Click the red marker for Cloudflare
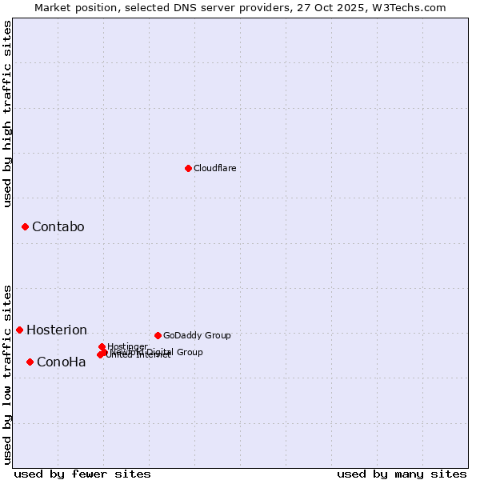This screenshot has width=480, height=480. pyautogui.click(x=188, y=168)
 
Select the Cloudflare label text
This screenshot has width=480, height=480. pyautogui.click(x=214, y=168)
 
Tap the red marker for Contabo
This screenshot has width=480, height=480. pyautogui.click(x=25, y=227)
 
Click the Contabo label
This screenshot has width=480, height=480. pyautogui.click(x=58, y=227)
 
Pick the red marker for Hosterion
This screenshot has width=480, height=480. pyautogui.click(x=19, y=330)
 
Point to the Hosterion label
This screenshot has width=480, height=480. pyautogui.click(x=56, y=330)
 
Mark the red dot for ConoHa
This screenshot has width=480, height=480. pyautogui.click(x=30, y=362)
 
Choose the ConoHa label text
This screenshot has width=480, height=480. pyautogui.click(x=61, y=362)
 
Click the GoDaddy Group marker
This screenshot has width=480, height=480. pyautogui.click(x=158, y=335)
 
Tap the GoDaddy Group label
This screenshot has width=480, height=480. pyautogui.click(x=197, y=335)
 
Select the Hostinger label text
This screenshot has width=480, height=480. pyautogui.click(x=127, y=346)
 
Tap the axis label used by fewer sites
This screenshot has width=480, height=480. pyautogui.click(x=82, y=474)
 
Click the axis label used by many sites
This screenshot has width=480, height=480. pyautogui.click(x=402, y=474)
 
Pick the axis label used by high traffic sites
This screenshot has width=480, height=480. pyautogui.click(x=8, y=114)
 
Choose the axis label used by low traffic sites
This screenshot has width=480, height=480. pyautogui.click(x=8, y=374)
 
